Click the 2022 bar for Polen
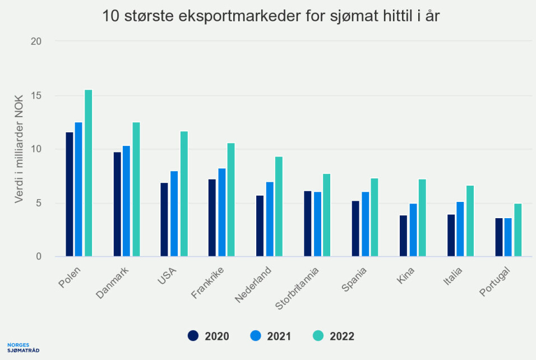(89, 173)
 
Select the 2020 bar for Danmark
(117, 204)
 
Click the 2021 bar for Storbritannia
(317, 224)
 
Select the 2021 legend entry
(271, 336)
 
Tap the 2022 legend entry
(334, 336)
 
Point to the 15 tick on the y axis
(37, 95)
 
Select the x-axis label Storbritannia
(298, 289)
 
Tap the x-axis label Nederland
(253, 285)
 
